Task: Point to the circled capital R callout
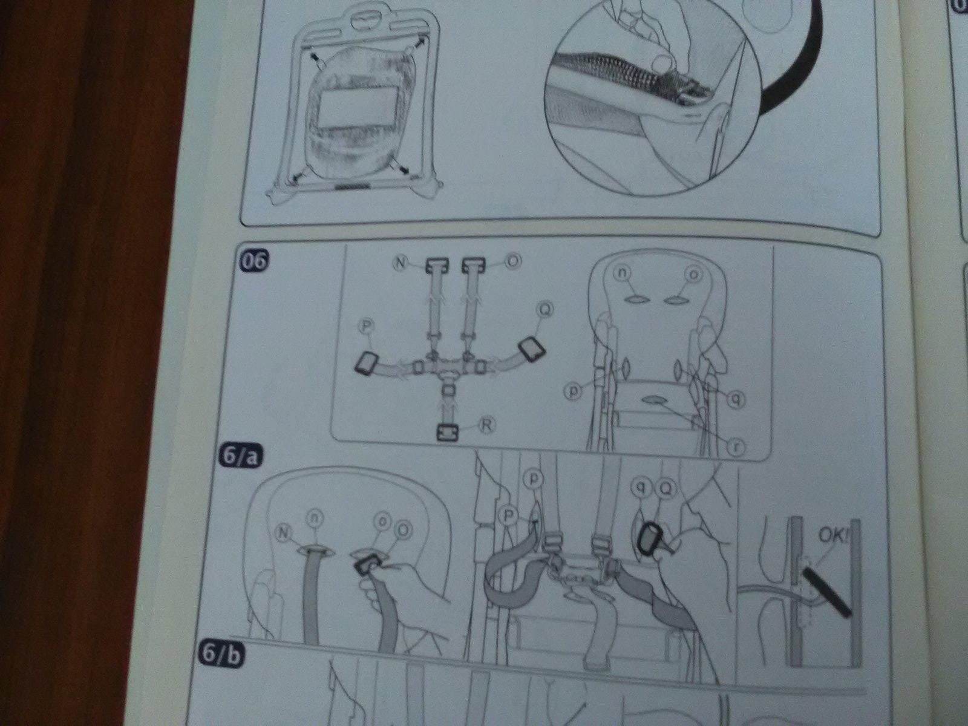point(487,425)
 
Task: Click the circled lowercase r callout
point(735,447)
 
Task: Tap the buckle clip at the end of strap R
point(447,433)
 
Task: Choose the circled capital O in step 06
point(514,262)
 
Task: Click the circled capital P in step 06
point(367,326)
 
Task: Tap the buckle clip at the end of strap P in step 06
point(367,363)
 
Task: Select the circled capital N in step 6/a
point(284,534)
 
